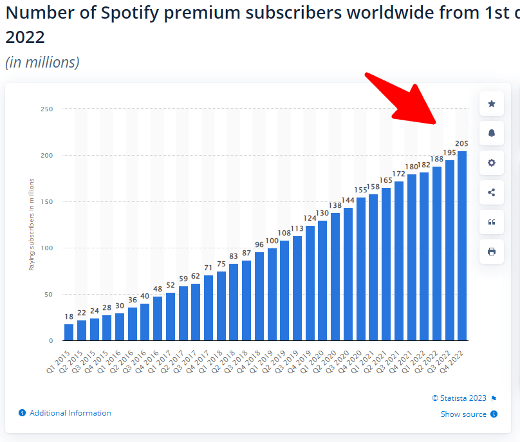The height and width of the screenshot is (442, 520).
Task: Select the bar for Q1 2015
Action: pos(69,332)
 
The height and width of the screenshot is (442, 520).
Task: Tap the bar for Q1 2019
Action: pos(272,294)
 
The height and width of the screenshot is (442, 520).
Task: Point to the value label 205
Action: pos(461,143)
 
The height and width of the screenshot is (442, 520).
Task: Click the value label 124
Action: pos(310,219)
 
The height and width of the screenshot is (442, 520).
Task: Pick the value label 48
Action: pos(158,289)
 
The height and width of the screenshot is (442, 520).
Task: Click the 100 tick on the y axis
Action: pos(45,248)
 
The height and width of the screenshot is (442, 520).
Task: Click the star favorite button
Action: pos(492,104)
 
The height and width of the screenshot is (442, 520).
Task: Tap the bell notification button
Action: pos(492,133)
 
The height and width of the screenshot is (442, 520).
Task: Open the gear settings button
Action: pos(492,163)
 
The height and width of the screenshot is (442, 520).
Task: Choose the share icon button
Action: pos(492,192)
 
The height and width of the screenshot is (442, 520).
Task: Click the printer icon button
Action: pos(492,252)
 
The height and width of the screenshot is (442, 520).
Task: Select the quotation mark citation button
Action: pos(492,222)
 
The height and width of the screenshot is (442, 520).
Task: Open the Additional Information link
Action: pos(70,413)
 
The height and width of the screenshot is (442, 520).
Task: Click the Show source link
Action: pos(463,414)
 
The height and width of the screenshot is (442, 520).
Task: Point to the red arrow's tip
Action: pos(438,124)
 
